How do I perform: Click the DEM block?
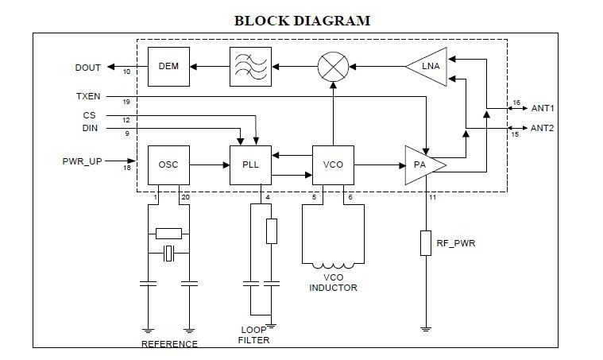tap(168, 67)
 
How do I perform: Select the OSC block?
tap(168, 165)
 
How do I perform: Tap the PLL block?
tap(250, 165)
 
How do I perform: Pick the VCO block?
tap(332, 165)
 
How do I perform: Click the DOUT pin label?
tap(87, 67)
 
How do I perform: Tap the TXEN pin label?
tap(87, 96)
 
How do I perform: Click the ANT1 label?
tap(542, 108)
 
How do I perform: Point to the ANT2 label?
tap(542, 127)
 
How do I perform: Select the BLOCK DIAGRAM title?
tap(302, 20)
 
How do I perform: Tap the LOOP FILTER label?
tap(255, 335)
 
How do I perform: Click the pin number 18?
tap(126, 168)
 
